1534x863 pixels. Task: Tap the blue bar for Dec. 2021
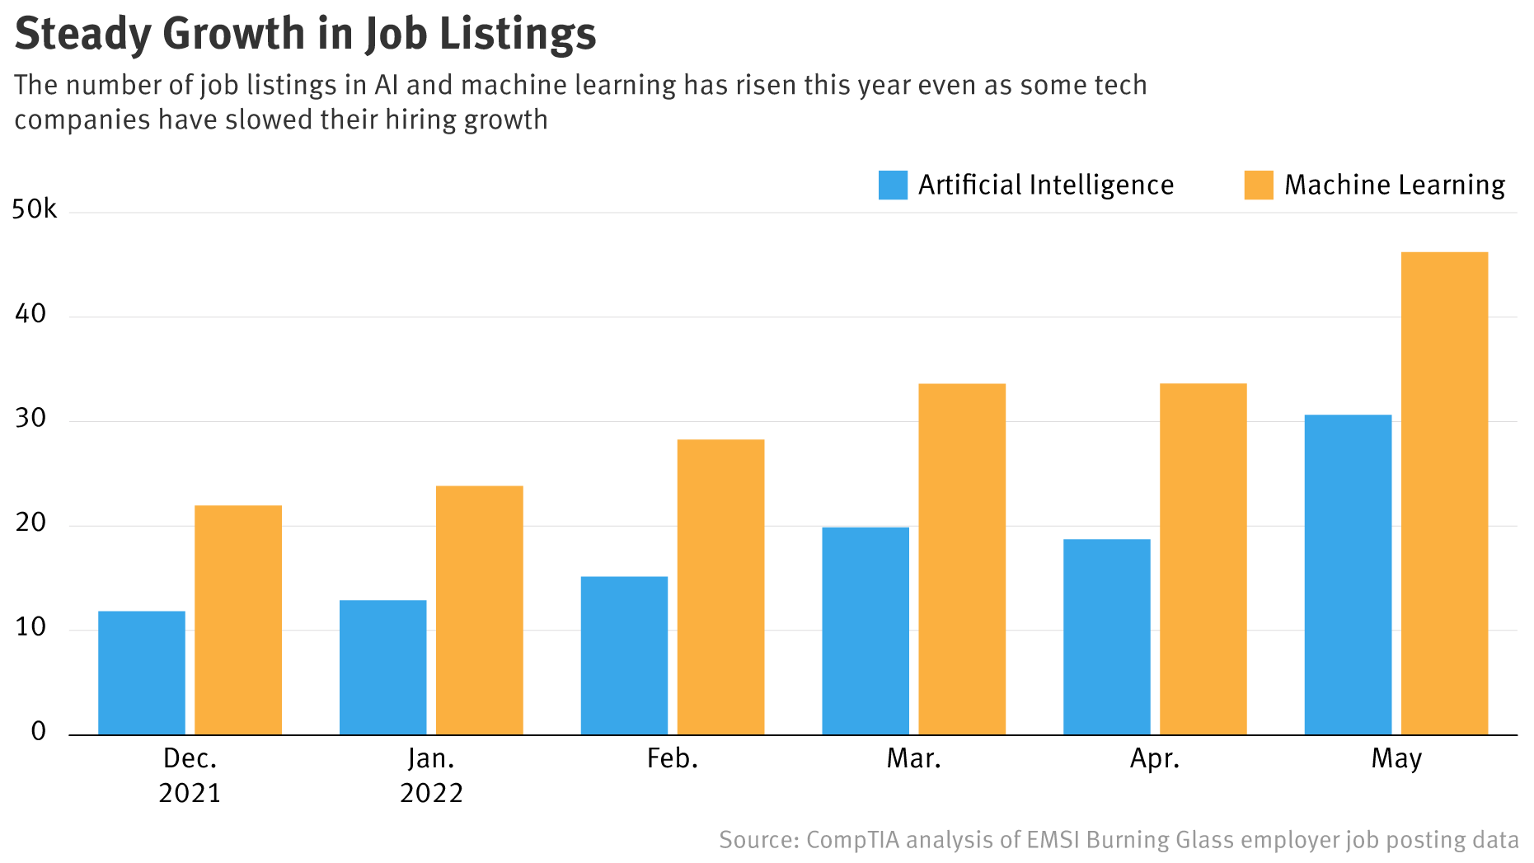click(142, 673)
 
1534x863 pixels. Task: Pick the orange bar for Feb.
click(720, 587)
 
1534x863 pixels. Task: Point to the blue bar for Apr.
click(1106, 636)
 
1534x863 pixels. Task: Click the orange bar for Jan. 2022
click(479, 610)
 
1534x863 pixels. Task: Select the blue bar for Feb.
click(624, 655)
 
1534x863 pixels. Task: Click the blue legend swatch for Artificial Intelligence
click(893, 185)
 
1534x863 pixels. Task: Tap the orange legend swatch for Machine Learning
click(1258, 185)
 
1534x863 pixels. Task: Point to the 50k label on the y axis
click(35, 209)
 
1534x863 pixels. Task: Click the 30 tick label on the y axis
click(30, 419)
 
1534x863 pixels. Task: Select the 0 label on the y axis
click(39, 732)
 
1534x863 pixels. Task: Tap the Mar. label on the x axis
click(913, 758)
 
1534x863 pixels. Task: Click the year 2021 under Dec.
click(190, 793)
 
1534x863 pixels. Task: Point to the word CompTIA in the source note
click(852, 840)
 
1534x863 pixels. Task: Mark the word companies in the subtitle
click(82, 120)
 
